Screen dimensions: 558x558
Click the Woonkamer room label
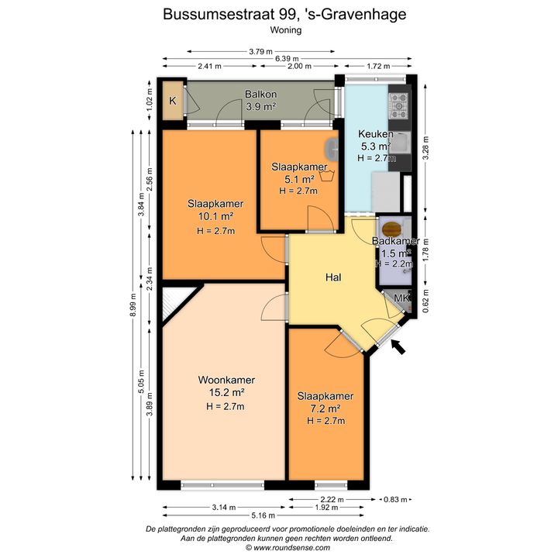(x=226, y=380)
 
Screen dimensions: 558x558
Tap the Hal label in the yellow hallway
(x=333, y=277)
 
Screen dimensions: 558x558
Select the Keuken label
(x=375, y=134)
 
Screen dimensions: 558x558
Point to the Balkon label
(x=261, y=95)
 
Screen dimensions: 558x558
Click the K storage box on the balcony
(x=173, y=101)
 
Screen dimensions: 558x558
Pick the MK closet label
(x=401, y=298)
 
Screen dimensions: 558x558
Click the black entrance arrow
(x=398, y=347)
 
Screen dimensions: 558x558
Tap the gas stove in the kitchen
(x=398, y=105)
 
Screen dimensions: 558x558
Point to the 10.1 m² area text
(x=215, y=216)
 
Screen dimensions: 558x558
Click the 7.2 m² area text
(x=325, y=408)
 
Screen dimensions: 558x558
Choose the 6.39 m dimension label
(x=287, y=59)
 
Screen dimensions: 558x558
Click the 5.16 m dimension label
(x=263, y=515)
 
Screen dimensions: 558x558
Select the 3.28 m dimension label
(x=425, y=148)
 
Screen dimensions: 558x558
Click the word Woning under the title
(x=286, y=30)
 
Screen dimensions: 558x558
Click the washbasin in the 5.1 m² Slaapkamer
(x=331, y=149)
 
